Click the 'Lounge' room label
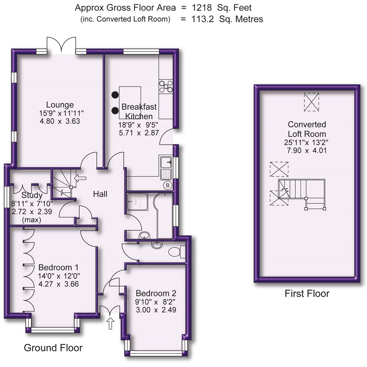60,105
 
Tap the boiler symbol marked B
168,185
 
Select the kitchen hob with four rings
165,86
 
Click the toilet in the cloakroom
176,252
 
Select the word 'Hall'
100,194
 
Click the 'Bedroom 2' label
156,293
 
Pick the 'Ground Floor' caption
53,348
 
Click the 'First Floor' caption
307,294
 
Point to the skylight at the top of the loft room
311,102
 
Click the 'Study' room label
32,195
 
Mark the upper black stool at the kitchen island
115,95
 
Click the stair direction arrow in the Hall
80,177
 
